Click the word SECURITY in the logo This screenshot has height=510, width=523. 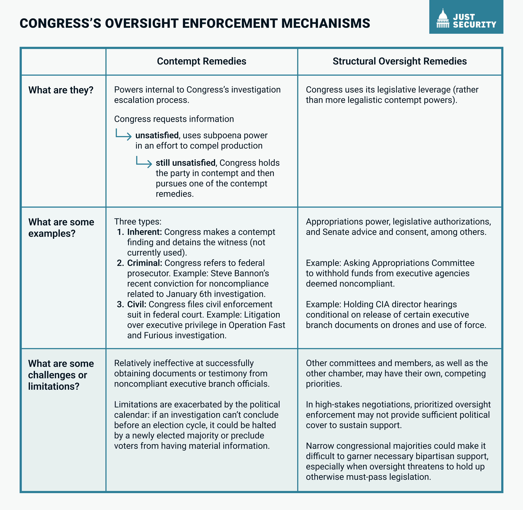[x=475, y=25]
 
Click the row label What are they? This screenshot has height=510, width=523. [x=61, y=90]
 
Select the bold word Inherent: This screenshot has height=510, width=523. [x=145, y=232]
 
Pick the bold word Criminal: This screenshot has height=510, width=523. [x=145, y=263]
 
